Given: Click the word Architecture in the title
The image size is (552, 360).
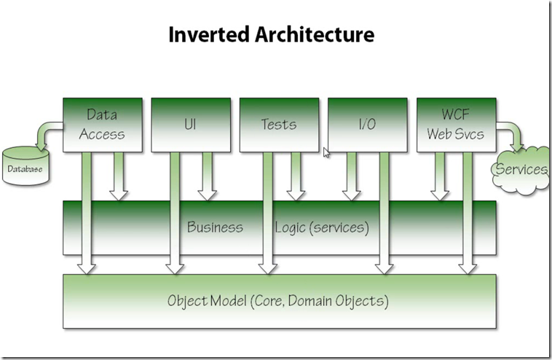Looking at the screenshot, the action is [315, 34].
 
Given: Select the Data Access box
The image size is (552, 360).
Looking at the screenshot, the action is [103, 125].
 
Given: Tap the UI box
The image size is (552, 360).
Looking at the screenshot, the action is [191, 125].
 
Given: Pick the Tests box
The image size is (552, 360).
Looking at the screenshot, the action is [279, 125].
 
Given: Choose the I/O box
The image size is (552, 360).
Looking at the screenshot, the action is [368, 125].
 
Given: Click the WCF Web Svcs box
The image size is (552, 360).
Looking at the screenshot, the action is [457, 125].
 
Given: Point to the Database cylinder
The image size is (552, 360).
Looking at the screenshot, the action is [25, 166].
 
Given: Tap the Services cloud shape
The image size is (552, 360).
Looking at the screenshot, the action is [520, 171].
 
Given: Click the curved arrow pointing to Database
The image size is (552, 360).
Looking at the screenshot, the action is [47, 130].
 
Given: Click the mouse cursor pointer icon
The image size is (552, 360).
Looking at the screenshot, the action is [326, 152].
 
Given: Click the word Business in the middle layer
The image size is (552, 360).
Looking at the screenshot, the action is [215, 227].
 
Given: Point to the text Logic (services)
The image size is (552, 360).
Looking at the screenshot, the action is [322, 227].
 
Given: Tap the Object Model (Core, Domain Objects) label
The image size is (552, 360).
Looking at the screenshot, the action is [278, 301].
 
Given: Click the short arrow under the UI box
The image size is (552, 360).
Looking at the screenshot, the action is [208, 176].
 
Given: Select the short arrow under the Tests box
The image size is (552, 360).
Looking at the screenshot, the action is [296, 176].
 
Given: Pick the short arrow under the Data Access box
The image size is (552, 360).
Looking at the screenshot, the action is [119, 176].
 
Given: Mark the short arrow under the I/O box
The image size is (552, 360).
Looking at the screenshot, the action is [351, 176].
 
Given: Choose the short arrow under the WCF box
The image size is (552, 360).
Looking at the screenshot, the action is [440, 176].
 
